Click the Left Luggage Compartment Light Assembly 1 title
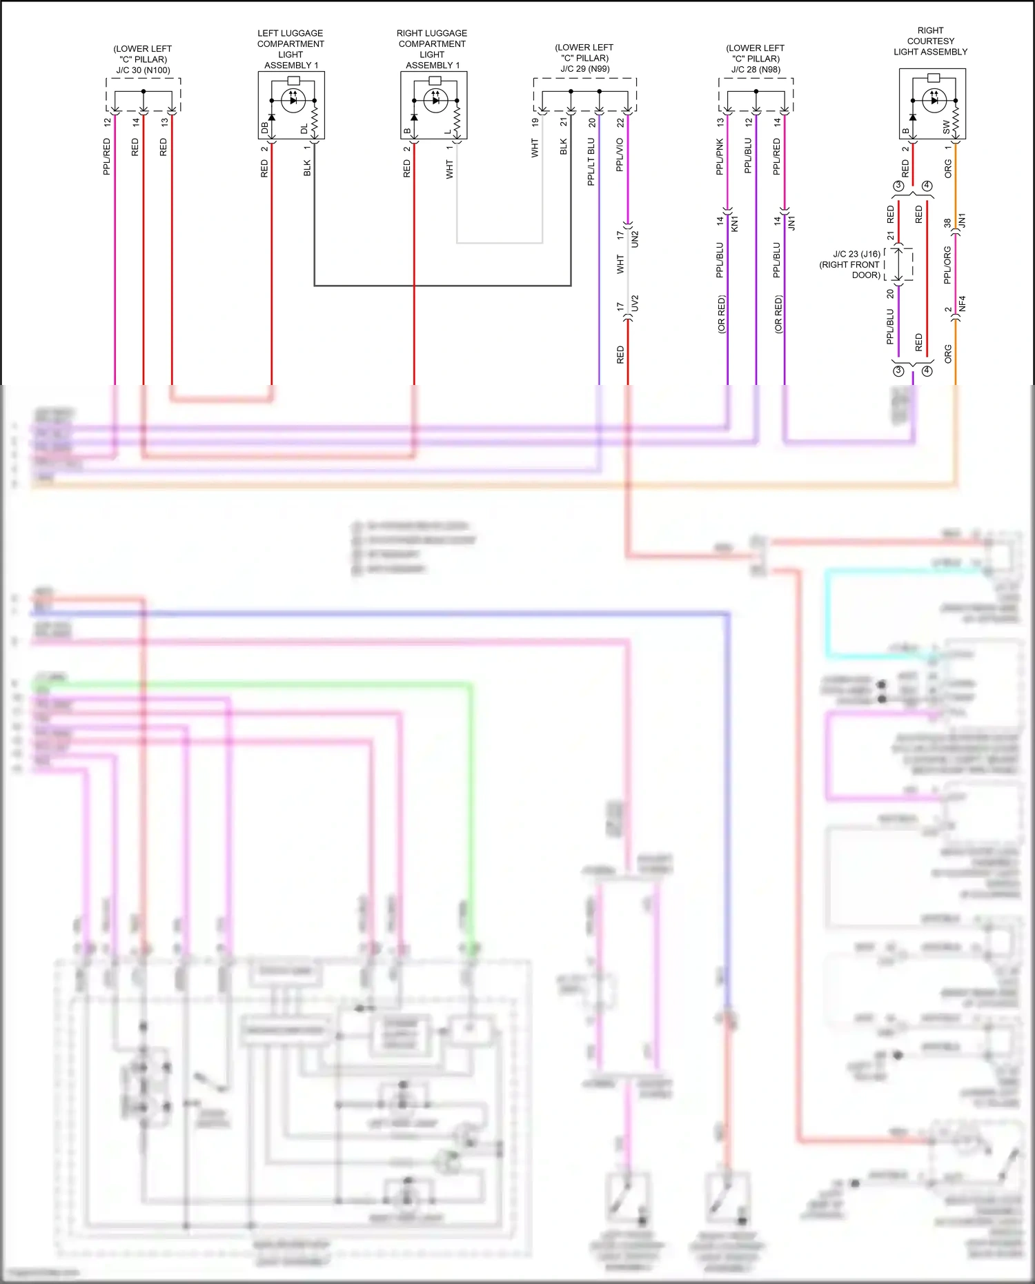point(290,49)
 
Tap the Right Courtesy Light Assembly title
point(930,41)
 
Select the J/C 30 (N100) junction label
point(143,70)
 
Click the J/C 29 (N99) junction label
point(584,68)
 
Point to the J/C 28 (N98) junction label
point(756,69)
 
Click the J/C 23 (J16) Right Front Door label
point(850,264)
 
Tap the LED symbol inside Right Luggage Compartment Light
point(435,101)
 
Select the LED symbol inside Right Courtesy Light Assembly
point(934,100)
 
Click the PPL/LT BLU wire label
point(591,161)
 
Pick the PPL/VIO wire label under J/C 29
point(620,155)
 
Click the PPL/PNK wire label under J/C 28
point(720,156)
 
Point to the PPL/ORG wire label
point(947,264)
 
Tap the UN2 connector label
point(635,239)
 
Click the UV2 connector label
point(635,303)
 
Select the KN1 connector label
point(735,224)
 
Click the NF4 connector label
point(963,303)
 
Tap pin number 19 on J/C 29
point(535,122)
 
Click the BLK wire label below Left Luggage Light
point(307,168)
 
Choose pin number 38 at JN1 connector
point(947,222)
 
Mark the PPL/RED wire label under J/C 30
point(107,157)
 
